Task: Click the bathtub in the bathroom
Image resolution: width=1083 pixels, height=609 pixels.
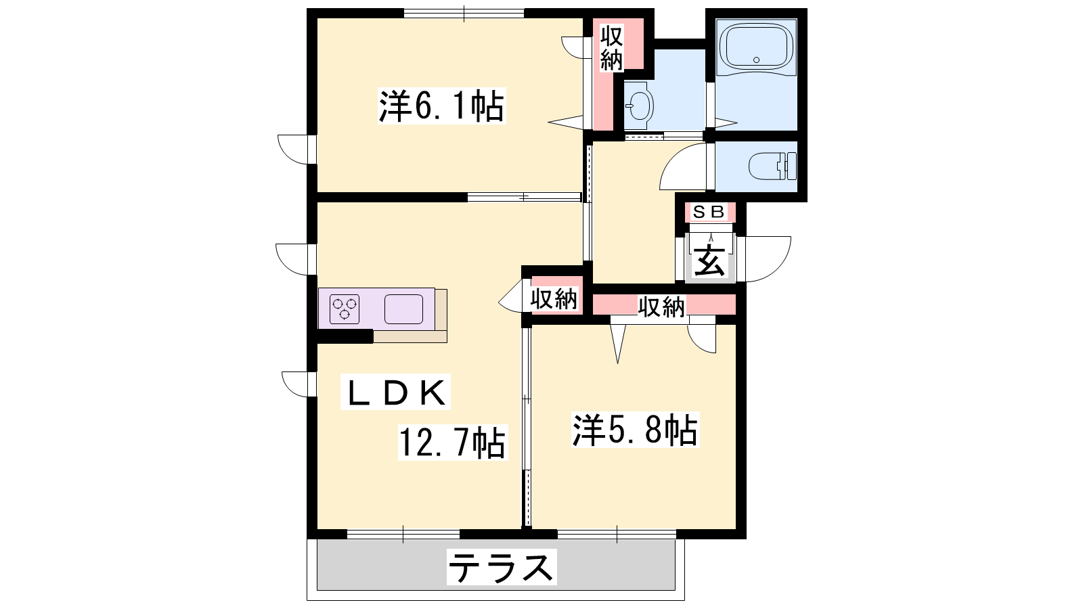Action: click(x=756, y=47)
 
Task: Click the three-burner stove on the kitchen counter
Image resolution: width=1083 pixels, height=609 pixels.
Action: click(x=345, y=309)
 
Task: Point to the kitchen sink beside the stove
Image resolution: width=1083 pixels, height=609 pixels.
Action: click(x=403, y=309)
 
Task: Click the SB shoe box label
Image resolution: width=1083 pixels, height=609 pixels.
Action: click(x=709, y=212)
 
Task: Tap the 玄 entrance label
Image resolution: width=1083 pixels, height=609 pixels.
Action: click(x=710, y=261)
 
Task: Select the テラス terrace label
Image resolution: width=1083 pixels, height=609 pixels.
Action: click(x=502, y=568)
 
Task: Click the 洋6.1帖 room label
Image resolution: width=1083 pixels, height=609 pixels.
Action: click(x=441, y=106)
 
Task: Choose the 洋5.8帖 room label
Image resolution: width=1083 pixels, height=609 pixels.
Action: click(x=635, y=430)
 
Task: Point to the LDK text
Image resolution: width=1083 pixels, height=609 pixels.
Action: click(x=395, y=392)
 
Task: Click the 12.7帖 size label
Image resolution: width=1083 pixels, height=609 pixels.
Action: click(x=452, y=443)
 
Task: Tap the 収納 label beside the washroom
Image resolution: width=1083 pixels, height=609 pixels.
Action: click(x=612, y=48)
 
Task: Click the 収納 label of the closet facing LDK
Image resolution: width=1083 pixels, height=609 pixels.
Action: click(x=554, y=299)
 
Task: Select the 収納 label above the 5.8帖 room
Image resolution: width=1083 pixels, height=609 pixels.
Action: click(x=661, y=306)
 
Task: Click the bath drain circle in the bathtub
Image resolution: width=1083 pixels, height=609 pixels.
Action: click(x=757, y=60)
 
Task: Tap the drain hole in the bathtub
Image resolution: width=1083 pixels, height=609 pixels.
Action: click(x=757, y=60)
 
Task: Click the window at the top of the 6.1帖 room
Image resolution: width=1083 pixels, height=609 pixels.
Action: click(x=464, y=13)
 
